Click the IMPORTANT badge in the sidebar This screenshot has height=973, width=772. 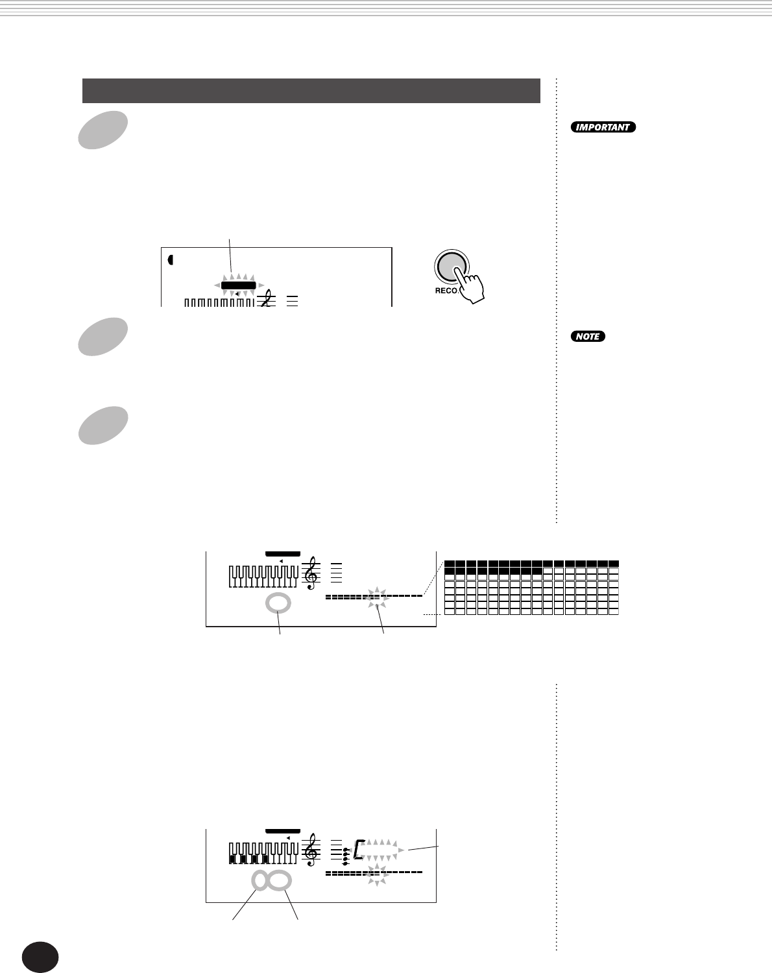click(x=603, y=127)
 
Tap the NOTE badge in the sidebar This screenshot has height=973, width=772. click(x=588, y=337)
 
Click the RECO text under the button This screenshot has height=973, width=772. click(x=447, y=291)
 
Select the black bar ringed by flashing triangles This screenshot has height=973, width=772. click(x=238, y=285)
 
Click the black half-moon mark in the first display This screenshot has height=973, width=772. click(x=171, y=260)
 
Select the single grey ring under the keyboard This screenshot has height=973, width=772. click(x=278, y=603)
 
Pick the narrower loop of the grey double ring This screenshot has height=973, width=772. click(x=260, y=881)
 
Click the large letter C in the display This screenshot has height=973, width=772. click(x=358, y=850)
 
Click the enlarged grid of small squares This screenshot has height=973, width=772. click(x=531, y=587)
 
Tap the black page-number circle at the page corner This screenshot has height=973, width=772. click(x=40, y=957)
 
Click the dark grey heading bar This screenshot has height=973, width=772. click(x=311, y=91)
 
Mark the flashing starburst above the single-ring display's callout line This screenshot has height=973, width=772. click(x=377, y=597)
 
